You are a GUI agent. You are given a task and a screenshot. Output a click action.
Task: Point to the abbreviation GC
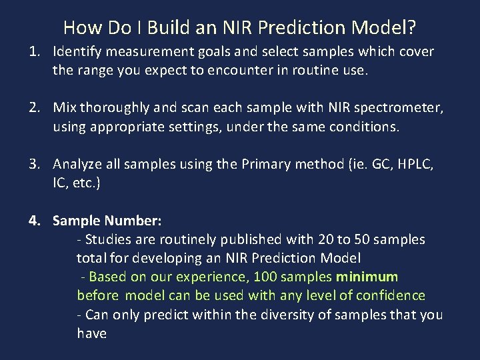click(375, 164)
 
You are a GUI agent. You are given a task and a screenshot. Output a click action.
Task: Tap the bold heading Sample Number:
click(107, 220)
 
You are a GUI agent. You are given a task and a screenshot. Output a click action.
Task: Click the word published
click(251, 239)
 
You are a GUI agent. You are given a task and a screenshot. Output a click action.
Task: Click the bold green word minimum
click(367, 276)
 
